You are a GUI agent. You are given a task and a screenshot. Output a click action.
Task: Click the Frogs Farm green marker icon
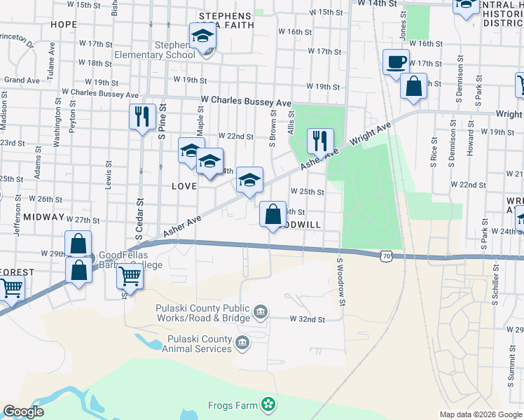[267, 404]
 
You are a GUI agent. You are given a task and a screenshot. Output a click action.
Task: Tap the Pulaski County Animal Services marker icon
[242, 343]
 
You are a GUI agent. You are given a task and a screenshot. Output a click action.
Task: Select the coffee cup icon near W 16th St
[396, 62]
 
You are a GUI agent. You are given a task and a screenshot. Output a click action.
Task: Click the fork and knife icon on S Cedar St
[142, 116]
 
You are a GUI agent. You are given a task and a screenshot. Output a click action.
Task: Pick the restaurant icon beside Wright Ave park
[319, 141]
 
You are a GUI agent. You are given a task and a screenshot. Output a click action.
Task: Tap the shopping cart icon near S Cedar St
[130, 276]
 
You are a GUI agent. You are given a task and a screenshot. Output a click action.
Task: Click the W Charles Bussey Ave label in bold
[246, 101]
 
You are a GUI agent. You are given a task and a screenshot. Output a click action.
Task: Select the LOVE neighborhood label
[184, 186]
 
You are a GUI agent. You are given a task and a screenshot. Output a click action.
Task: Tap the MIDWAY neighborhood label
[43, 218]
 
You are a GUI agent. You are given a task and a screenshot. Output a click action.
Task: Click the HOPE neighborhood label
[64, 24]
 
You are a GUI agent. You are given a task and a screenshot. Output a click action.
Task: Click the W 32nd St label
[308, 319]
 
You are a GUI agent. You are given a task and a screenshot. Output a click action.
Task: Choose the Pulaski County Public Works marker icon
[261, 311]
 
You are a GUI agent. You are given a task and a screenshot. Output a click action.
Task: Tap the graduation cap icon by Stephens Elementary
[202, 36]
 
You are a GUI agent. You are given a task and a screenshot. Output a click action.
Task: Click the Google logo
[23, 412]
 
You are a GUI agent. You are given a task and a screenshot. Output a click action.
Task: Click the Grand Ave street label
[22, 80]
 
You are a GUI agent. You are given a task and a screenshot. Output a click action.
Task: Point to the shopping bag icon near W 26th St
[273, 214]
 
